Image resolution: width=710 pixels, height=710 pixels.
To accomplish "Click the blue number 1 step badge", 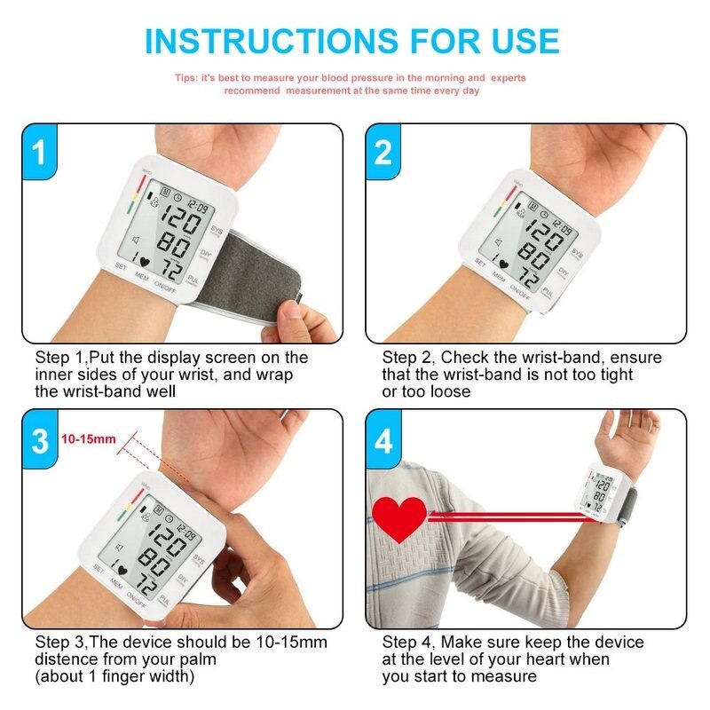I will [x=38, y=153].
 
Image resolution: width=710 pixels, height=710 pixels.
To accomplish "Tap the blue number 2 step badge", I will [x=383, y=153].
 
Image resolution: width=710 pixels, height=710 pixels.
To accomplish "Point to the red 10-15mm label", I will [x=89, y=438].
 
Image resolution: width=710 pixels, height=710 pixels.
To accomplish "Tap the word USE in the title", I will [x=525, y=41].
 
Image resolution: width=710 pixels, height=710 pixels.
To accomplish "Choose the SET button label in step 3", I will [x=99, y=572].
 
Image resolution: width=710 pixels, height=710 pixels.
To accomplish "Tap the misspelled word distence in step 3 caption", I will [x=72, y=659].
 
